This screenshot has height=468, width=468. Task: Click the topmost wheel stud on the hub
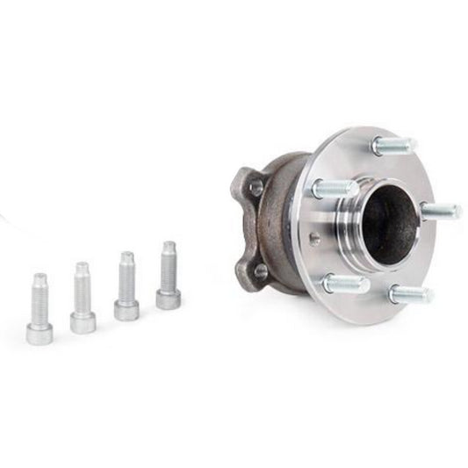click(x=392, y=146)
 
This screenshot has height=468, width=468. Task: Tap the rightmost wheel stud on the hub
click(x=440, y=211)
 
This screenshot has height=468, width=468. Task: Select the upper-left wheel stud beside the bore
click(x=335, y=188)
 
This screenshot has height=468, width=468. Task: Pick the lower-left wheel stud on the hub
click(x=344, y=284)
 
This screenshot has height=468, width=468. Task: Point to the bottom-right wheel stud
click(x=410, y=295)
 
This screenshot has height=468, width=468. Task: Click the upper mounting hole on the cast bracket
click(x=256, y=187)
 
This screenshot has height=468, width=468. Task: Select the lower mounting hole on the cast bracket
click(x=260, y=271)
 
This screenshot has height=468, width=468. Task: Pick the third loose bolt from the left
click(x=126, y=285)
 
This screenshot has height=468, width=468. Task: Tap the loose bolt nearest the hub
click(x=168, y=274)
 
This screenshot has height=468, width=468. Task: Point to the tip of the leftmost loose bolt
click(x=40, y=279)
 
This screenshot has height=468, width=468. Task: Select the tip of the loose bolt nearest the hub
click(x=168, y=248)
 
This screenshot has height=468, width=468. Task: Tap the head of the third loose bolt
click(x=126, y=309)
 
